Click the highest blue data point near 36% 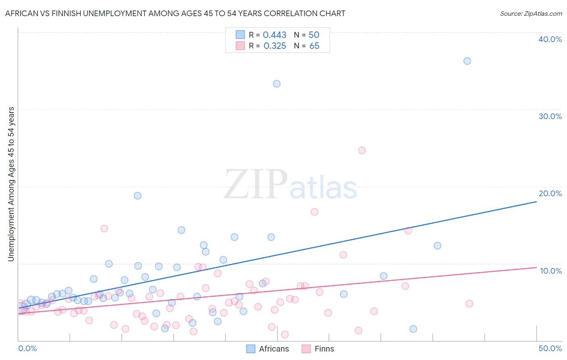pos(467,61)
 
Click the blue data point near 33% pos(277,84)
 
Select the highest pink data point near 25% pos(362,150)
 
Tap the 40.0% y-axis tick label pos(550,39)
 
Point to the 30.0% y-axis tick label pos(550,116)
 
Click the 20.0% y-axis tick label pos(550,193)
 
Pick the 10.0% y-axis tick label pos(551,271)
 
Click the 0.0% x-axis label pos(27,348)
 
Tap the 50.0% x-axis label pos(550,348)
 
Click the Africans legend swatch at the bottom pos(251,349)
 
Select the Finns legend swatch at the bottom pos(306,349)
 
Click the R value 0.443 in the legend pos(274,35)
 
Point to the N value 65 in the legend pos(314,46)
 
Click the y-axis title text pos(11,184)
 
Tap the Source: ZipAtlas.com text pos(531,14)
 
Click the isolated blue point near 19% pos(138,196)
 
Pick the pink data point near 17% pos(315,212)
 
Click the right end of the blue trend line pos(536,201)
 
